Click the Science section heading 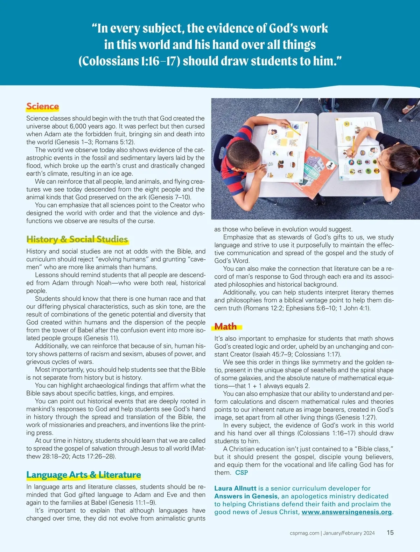42,106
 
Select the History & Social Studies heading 77,239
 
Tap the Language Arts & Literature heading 83,475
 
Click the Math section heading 225,327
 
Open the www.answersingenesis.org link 346,512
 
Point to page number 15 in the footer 390,533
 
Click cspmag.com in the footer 304,533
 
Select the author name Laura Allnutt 235,488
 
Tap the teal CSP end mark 241,472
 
